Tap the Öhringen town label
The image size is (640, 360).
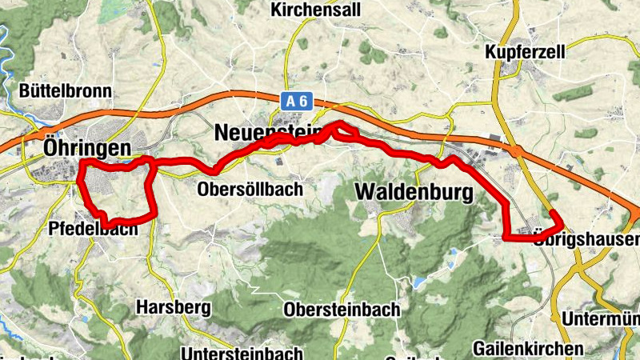coord(87,148)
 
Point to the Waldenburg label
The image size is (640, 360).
coord(413,193)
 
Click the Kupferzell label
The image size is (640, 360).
coord(526,51)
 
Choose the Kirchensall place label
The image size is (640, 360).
coord(316,10)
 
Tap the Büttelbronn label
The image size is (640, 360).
coord(66,90)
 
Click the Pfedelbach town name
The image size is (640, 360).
coord(93,228)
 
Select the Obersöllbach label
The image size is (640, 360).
coord(250,190)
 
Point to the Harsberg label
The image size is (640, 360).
coord(173,306)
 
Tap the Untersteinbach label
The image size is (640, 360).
coord(242,352)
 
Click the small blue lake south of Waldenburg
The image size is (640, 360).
coord(418,282)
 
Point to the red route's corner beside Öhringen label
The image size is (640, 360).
coord(83,163)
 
